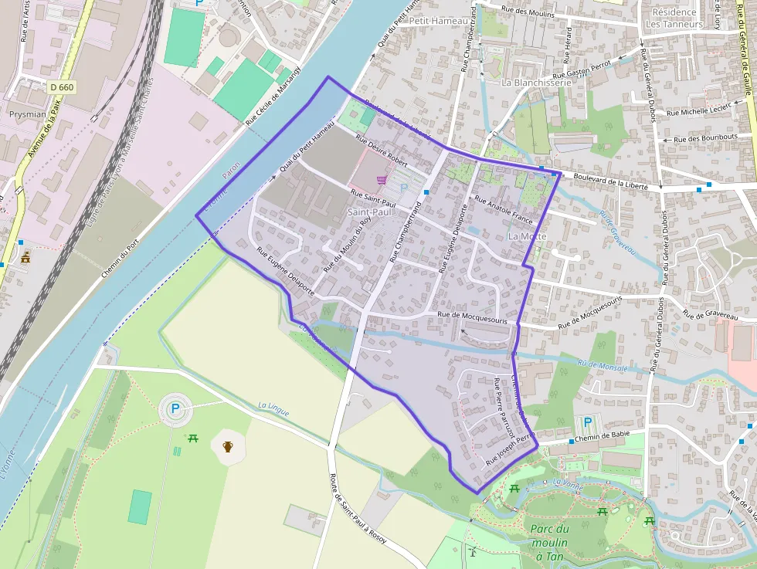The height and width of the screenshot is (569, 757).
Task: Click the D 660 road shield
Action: pyautogui.click(x=61, y=87)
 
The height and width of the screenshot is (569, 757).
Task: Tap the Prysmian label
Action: pyautogui.click(x=27, y=114)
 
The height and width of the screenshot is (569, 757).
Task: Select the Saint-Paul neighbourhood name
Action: pyautogui.click(x=371, y=212)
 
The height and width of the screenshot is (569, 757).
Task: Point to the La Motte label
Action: pyautogui.click(x=528, y=236)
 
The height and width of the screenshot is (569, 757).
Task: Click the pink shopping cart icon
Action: pyautogui.click(x=381, y=181)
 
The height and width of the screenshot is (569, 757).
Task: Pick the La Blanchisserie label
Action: pyautogui.click(x=536, y=82)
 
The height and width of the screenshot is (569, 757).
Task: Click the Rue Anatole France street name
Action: pyautogui.click(x=504, y=210)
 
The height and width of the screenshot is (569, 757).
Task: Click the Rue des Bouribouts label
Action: pyautogui.click(x=705, y=138)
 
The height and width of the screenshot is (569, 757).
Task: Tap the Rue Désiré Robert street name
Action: pyautogui.click(x=382, y=150)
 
